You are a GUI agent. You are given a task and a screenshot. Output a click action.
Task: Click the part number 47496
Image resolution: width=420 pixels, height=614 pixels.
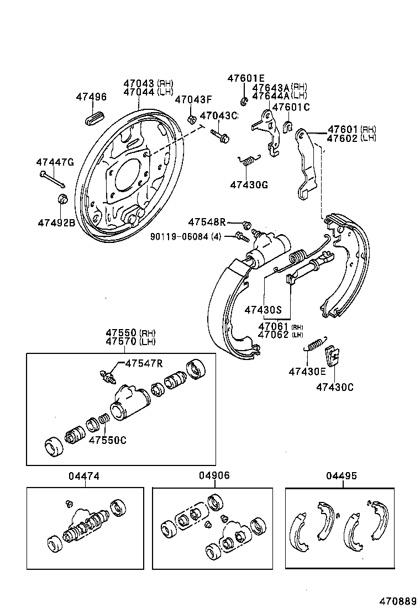(91, 97)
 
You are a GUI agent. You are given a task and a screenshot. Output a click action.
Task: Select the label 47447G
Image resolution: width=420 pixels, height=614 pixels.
(55, 162)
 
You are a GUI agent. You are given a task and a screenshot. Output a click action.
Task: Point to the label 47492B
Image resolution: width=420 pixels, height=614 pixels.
(56, 223)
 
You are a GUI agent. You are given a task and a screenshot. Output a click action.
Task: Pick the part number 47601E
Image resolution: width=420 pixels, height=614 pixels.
(246, 78)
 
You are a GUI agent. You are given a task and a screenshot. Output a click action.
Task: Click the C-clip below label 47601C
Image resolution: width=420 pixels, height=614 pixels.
(288, 126)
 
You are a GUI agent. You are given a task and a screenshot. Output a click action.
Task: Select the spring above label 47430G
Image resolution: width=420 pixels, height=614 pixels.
(249, 160)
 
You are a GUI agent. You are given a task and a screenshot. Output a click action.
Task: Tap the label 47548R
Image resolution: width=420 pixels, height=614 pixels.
(207, 222)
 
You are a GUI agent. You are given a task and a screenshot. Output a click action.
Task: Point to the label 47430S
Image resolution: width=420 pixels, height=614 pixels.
(264, 309)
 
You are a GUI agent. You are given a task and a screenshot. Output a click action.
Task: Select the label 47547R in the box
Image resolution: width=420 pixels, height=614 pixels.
(144, 363)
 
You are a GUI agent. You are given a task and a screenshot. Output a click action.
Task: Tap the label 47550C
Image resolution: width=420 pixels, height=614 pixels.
(108, 440)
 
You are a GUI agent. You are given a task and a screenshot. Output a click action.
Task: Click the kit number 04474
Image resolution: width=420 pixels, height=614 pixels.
(85, 475)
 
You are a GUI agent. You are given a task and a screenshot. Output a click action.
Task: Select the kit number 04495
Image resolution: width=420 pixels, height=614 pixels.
(342, 475)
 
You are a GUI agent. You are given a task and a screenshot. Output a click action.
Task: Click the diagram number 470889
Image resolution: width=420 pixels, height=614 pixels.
(397, 600)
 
